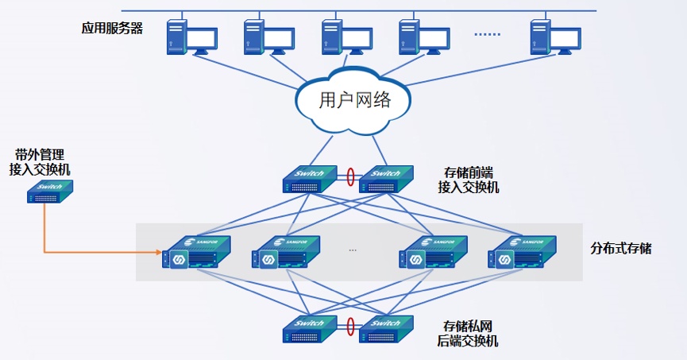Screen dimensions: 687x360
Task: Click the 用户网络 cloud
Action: (353, 100)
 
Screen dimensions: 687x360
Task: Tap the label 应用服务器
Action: (112, 28)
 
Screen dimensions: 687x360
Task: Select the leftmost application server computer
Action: (192, 37)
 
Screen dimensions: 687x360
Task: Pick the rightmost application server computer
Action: (556, 37)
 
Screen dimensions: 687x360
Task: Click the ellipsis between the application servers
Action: (487, 34)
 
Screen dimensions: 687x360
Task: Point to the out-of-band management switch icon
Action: (50, 192)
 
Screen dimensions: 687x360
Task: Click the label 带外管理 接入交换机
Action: (40, 162)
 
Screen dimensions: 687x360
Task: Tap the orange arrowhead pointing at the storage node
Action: (159, 252)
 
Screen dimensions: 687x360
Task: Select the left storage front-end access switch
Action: (310, 179)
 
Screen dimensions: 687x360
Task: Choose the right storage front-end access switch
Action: (386, 179)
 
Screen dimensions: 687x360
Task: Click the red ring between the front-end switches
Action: (350, 176)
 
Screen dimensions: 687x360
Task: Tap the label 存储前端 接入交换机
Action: (469, 180)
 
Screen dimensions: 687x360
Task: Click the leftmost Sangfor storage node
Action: (196, 252)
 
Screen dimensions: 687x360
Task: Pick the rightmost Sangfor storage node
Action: (523, 252)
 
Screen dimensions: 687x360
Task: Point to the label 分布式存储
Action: (621, 248)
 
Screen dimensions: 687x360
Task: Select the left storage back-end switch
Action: (310, 329)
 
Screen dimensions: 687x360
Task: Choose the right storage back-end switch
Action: (386, 329)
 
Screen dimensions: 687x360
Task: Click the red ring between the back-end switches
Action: (350, 327)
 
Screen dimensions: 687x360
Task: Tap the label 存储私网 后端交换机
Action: (468, 333)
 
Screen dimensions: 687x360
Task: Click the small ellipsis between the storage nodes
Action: (353, 250)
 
